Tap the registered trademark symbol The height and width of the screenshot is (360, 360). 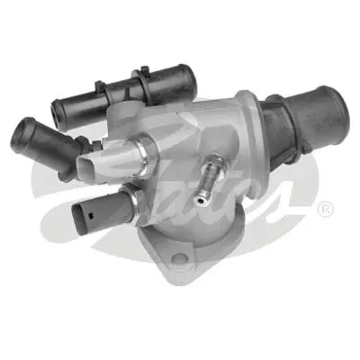pos(326,210)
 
